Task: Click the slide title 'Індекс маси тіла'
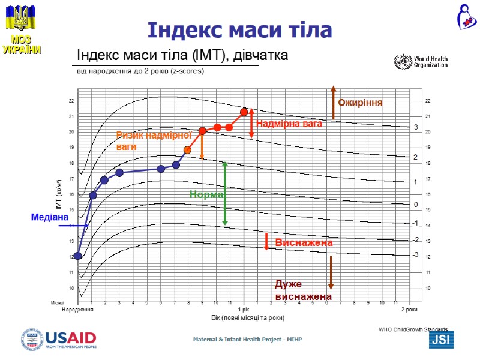pyautogui.click(x=240, y=29)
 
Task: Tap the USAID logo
pyautogui.click(x=59, y=339)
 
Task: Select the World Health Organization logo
pyautogui.click(x=421, y=62)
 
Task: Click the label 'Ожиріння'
pyautogui.click(x=360, y=103)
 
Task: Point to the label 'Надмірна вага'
pyautogui.click(x=289, y=124)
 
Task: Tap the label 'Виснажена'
pyautogui.click(x=304, y=242)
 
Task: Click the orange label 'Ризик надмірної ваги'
pyautogui.click(x=145, y=141)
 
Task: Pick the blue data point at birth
pyautogui.click(x=78, y=256)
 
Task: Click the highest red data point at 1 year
pyautogui.click(x=244, y=112)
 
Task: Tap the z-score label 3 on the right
pyautogui.click(x=415, y=127)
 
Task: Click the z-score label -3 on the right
pyautogui.click(x=415, y=255)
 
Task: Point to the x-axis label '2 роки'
pyautogui.click(x=409, y=310)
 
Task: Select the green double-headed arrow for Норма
pyautogui.click(x=225, y=193)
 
